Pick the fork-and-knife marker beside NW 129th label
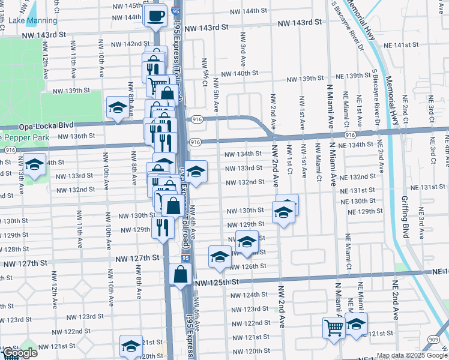(163, 228)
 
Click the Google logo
(19, 353)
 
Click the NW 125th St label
(217, 281)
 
